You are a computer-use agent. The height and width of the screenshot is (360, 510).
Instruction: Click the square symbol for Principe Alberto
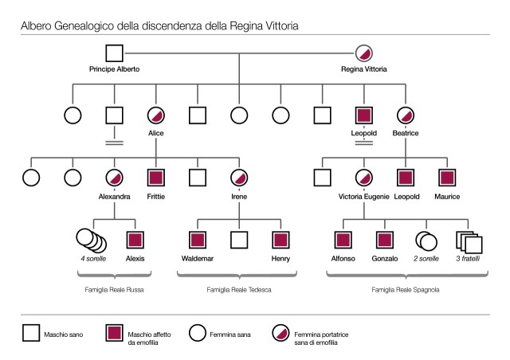click(114, 53)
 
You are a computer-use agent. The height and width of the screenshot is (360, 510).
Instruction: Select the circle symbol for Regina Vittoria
click(364, 53)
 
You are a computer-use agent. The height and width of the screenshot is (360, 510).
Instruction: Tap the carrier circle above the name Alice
click(156, 115)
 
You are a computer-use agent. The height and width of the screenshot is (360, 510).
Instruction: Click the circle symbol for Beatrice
click(406, 115)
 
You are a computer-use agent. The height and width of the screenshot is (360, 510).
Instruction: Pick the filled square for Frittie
click(156, 177)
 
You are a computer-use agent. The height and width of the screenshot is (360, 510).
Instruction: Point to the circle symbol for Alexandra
click(114, 177)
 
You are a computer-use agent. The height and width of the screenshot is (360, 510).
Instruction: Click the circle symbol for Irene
click(239, 177)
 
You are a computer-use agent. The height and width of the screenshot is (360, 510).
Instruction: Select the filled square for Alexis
click(135, 238)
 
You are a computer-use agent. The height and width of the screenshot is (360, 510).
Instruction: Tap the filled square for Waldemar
click(197, 238)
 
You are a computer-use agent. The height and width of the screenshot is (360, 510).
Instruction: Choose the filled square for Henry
click(280, 238)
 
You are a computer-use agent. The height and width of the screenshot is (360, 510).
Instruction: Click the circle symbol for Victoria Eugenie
click(364, 177)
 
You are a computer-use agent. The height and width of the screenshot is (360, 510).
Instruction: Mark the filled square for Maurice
click(448, 177)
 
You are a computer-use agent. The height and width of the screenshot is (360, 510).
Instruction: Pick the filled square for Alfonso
click(343, 238)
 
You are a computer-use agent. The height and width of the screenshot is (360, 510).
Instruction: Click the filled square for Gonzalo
click(385, 238)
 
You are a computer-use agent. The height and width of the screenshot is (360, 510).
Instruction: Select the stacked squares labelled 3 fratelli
click(468, 239)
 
